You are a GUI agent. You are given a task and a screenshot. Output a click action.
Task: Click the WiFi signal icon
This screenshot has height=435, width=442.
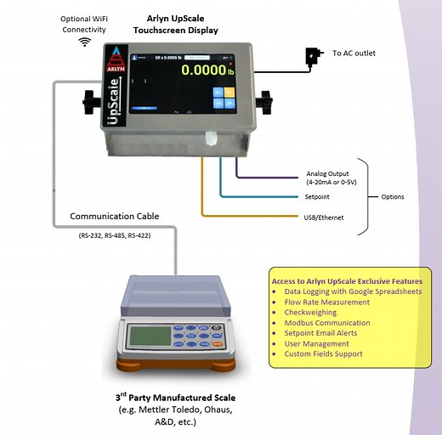[86, 41]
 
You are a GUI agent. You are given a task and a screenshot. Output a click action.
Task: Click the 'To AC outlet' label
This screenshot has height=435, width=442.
[353, 53]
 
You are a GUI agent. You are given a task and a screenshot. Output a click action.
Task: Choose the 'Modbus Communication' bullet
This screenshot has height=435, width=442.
[327, 323]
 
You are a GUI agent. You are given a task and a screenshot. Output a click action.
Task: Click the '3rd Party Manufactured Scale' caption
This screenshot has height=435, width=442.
[175, 398]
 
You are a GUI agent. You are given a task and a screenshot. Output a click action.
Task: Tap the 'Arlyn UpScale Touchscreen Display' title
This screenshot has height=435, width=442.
[175, 24]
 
